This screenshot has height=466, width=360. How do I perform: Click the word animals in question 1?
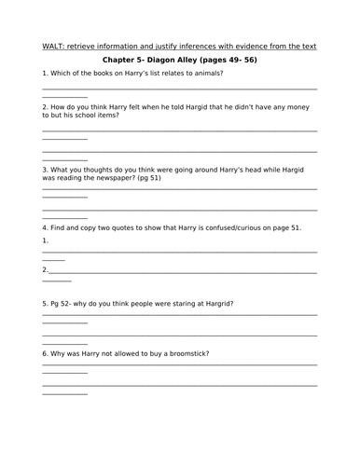(204, 74)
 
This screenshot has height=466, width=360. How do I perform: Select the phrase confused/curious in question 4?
(224, 227)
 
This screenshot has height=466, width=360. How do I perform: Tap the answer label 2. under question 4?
(46, 270)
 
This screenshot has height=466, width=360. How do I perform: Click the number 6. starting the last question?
(45, 353)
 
